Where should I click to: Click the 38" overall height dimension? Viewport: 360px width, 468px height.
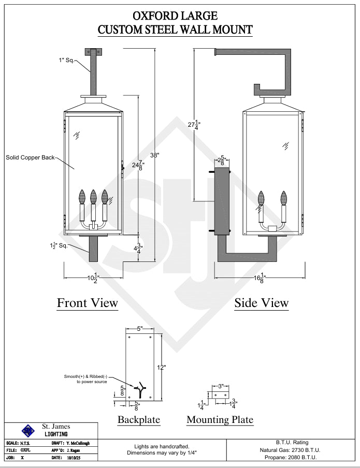pos(154,155)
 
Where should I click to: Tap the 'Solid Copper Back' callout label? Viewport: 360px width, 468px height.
pos(30,157)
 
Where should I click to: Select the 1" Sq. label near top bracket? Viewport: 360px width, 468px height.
pos(66,61)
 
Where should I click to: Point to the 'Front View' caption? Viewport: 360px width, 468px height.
pos(88,302)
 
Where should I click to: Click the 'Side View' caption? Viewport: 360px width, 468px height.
pos(262,302)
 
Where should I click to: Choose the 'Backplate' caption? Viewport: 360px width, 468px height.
pos(139,419)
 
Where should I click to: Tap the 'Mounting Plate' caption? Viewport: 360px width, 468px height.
pos(220,419)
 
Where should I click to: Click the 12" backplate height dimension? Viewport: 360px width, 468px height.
pos(162,367)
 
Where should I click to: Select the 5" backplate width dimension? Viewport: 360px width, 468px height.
pos(140,329)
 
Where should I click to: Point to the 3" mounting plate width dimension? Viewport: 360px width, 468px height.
pos(220,386)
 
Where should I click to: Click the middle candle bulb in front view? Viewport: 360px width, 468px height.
pos(93,197)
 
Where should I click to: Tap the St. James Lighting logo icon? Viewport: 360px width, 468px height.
pos(27,430)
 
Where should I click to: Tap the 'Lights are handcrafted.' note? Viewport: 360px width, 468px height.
pos(162,446)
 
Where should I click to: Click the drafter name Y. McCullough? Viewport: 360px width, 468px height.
pos(78,443)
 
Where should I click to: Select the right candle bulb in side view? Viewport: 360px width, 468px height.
pos(283,198)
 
